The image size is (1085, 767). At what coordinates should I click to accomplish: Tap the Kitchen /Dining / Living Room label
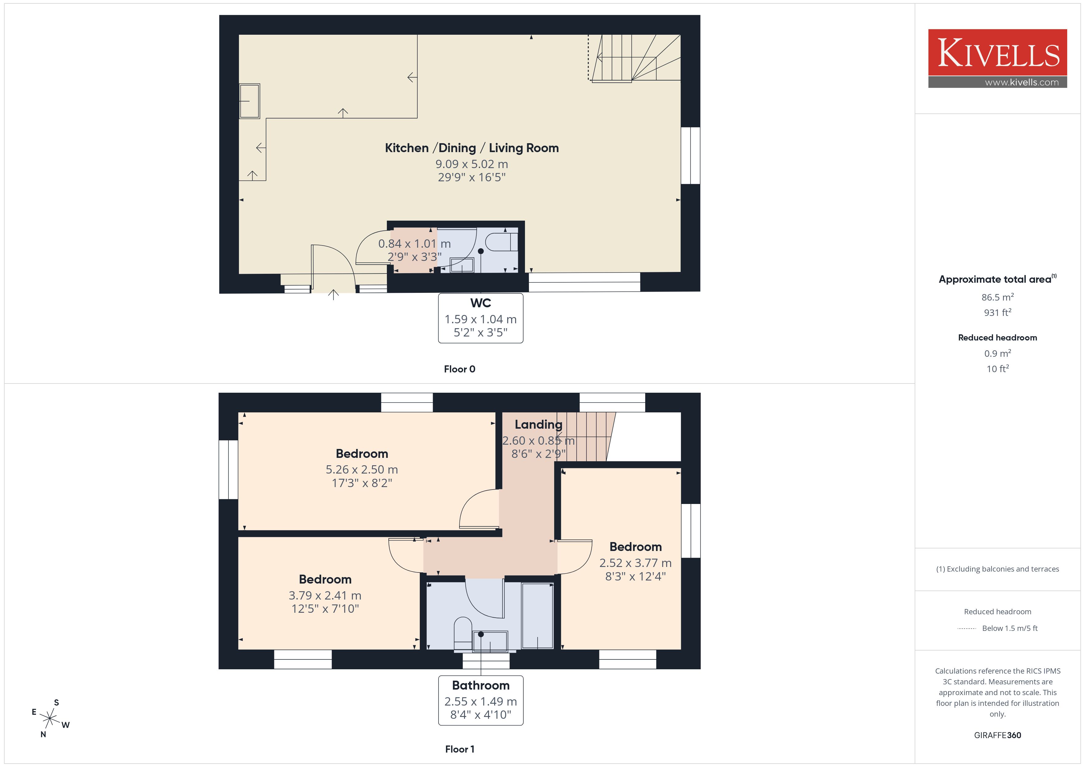472,148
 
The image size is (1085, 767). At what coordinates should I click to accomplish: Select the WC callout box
481,318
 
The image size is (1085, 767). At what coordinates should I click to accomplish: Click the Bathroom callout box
481,700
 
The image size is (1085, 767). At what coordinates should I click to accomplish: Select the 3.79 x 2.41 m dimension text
325,596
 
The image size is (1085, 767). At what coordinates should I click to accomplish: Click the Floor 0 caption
459,369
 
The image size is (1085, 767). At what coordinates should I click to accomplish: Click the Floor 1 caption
459,749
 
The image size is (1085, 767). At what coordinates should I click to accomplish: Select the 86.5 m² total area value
998,297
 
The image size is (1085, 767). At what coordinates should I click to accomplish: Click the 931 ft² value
998,312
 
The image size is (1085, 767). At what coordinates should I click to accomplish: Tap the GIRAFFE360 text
998,735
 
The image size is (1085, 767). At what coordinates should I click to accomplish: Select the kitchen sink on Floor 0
249,101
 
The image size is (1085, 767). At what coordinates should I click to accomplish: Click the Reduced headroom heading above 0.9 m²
998,338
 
